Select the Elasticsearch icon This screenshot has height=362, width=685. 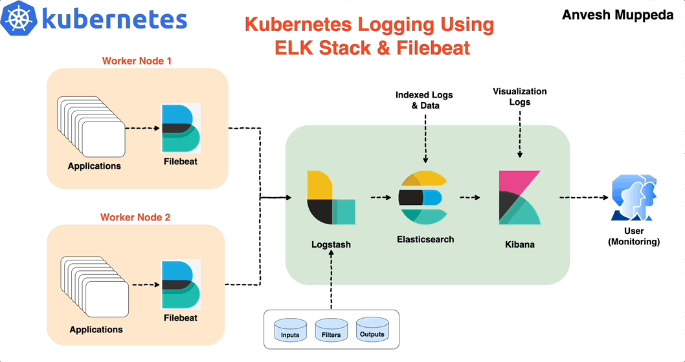pyautogui.click(x=425, y=198)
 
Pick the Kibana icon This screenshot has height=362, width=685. pyautogui.click(x=519, y=198)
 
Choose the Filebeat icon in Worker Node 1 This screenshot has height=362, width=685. pyautogui.click(x=181, y=127)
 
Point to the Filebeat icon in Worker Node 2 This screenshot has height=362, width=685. pyautogui.click(x=181, y=284)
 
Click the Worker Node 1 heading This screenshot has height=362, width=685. pyautogui.click(x=137, y=61)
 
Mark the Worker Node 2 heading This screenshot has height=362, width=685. pyautogui.click(x=135, y=217)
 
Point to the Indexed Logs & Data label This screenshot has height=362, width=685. pyautogui.click(x=425, y=100)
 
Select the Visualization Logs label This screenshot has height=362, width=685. pyautogui.click(x=519, y=97)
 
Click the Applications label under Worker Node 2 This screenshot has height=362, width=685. pyautogui.click(x=96, y=330)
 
